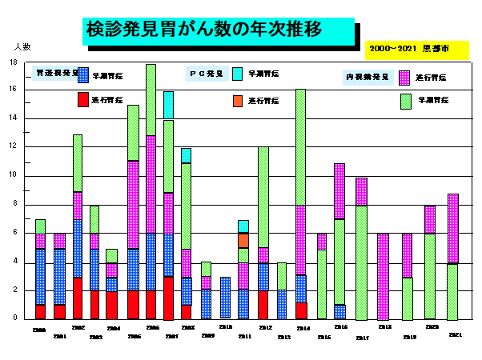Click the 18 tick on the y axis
(x=13, y=62)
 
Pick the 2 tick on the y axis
(x=14, y=290)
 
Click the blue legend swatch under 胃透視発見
(x=82, y=74)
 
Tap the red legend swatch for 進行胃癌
(x=82, y=100)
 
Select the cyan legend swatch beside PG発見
(x=237, y=74)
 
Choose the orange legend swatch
(x=237, y=101)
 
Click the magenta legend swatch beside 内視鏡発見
(x=405, y=78)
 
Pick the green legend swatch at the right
(x=405, y=101)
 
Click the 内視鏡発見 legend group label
(x=367, y=77)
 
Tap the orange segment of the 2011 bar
(x=243, y=240)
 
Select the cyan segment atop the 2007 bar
(x=168, y=105)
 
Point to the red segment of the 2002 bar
(x=78, y=298)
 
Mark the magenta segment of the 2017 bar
(x=362, y=191)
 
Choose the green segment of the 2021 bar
(x=452, y=291)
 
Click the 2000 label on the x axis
(x=39, y=330)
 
